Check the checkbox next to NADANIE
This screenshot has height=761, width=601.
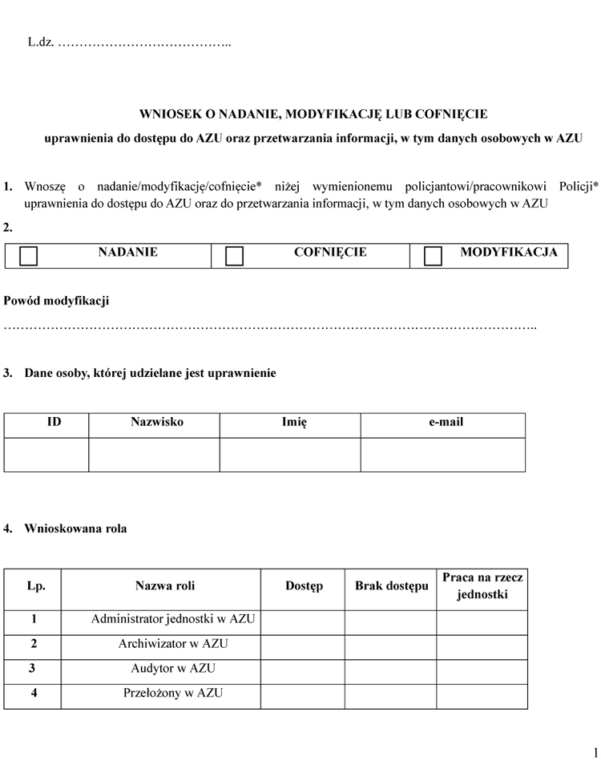28,256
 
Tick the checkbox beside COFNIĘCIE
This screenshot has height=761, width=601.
234,256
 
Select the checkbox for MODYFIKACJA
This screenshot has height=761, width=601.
433,256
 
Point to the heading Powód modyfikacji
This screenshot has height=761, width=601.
56,302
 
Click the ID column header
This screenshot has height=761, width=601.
54,423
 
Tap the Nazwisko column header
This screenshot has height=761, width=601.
157,423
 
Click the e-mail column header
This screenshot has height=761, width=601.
446,423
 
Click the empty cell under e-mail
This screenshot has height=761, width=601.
443,455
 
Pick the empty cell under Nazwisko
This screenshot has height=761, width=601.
154,455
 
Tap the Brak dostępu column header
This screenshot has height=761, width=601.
392,586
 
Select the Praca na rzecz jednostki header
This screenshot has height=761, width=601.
482,586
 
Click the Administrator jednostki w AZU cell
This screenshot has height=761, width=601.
173,619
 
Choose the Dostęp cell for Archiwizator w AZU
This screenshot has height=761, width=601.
303,644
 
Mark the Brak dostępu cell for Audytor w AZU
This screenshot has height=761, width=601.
390,669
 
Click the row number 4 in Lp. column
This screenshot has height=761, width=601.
34,694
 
